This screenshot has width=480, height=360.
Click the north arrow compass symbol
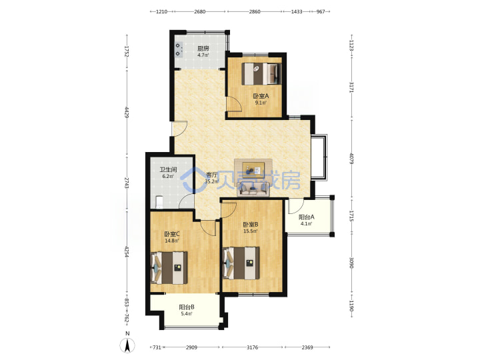pyautogui.click(x=128, y=345)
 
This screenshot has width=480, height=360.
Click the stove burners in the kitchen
pyautogui.click(x=179, y=50)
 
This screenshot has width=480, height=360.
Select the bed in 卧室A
pyautogui.click(x=261, y=74)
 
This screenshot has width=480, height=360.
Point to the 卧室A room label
pyautogui.click(x=261, y=96)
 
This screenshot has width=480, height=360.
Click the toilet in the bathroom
pyautogui.click(x=159, y=201)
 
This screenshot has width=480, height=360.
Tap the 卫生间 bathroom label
pyautogui.click(x=168, y=169)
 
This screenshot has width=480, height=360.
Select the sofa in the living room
pyautogui.click(x=253, y=189)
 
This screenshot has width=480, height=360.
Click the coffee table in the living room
pyautogui.click(x=253, y=168)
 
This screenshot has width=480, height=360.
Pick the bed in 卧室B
pyautogui.click(x=241, y=263)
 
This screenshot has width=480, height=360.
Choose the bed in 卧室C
pyautogui.click(x=169, y=267)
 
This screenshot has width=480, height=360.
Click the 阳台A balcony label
pyautogui.click(x=307, y=217)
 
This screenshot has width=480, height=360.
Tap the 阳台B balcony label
pyautogui.click(x=187, y=307)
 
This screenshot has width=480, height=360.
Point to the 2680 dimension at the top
pyautogui.click(x=199, y=11)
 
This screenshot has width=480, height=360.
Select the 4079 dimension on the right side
pyautogui.click(x=351, y=159)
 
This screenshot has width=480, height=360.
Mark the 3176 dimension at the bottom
pyautogui.click(x=252, y=347)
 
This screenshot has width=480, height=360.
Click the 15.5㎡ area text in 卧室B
pyautogui.click(x=251, y=231)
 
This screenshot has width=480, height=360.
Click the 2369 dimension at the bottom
pyautogui.click(x=307, y=347)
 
